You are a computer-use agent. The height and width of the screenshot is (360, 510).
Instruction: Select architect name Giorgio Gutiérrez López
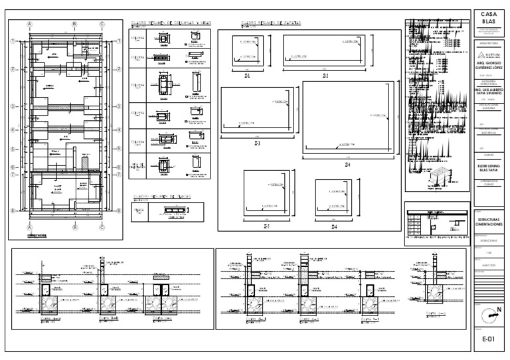pos(488,66)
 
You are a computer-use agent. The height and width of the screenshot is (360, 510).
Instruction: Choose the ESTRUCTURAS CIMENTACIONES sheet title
pos(488,222)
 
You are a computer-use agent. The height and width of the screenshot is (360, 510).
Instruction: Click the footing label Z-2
pos(326,76)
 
